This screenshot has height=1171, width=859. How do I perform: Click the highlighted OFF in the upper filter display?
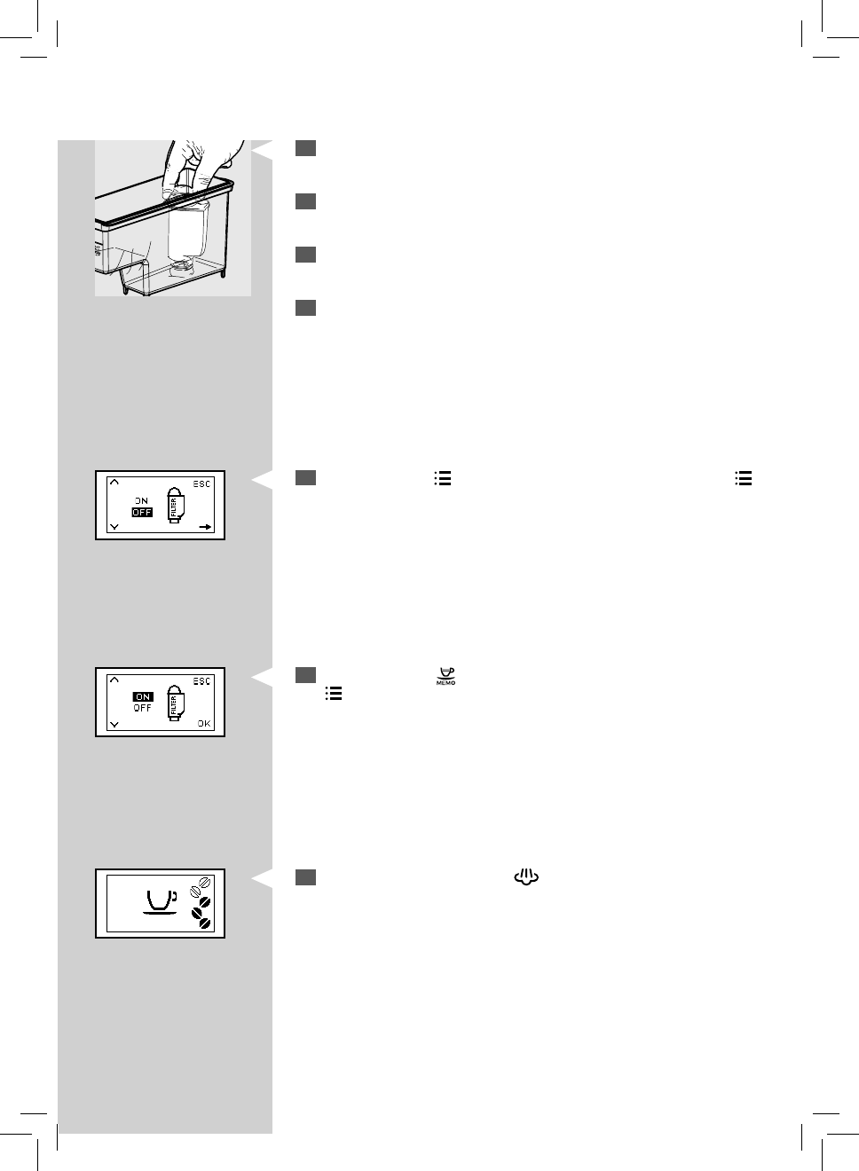tap(142, 512)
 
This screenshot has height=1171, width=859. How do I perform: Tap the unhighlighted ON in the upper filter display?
tap(142, 501)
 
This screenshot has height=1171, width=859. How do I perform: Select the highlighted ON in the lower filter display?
tap(143, 697)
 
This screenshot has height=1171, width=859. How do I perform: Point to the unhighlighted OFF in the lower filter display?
tap(143, 708)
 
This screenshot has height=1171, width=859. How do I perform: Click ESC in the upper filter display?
tap(202, 484)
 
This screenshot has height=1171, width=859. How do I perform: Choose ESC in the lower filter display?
tap(202, 681)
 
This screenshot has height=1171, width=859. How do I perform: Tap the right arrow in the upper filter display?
tap(205, 527)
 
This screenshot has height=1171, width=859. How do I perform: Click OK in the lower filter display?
tap(204, 724)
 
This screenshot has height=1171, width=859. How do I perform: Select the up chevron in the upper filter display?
tap(114, 483)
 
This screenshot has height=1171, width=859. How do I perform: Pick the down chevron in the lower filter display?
tap(114, 724)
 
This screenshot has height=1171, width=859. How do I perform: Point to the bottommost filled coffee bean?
tap(204, 923)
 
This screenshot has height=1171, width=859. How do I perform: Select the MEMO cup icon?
tap(445, 676)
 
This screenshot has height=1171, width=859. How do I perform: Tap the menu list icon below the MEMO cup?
tap(334, 693)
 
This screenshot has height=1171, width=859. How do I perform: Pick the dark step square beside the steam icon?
tap(306, 877)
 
